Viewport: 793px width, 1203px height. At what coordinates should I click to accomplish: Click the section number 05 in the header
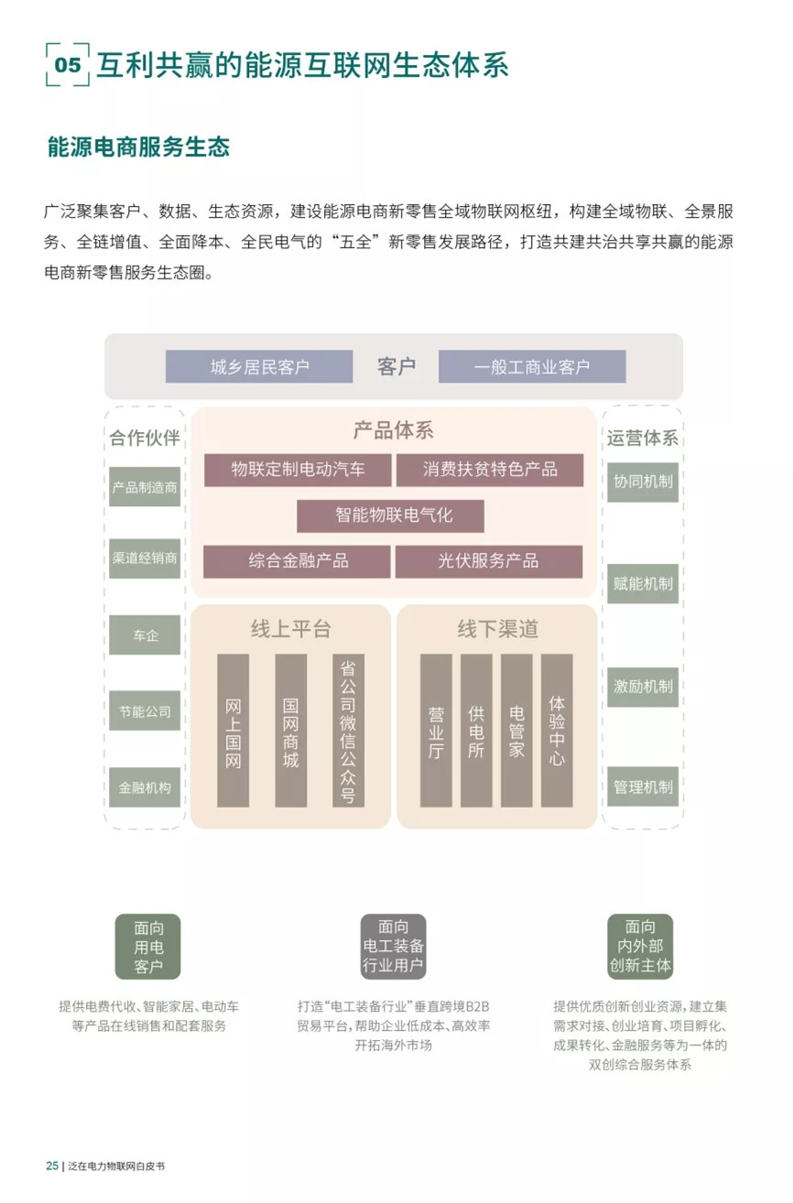[68, 65]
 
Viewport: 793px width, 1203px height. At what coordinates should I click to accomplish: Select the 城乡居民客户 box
[259, 367]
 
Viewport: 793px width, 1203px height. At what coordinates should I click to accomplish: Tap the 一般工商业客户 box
[532, 367]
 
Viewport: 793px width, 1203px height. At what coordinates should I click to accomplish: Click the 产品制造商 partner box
[145, 486]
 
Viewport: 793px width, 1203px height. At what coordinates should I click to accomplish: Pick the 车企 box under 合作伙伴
[145, 634]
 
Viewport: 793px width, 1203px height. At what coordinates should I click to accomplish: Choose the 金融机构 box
[145, 787]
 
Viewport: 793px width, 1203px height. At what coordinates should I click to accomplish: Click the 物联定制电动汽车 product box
[298, 470]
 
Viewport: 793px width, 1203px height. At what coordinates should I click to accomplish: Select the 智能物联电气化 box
[391, 516]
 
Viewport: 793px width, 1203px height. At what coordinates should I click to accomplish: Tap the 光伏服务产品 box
[489, 562]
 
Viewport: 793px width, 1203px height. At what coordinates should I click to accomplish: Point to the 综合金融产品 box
[297, 562]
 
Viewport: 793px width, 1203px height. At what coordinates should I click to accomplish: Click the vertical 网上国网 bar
[234, 731]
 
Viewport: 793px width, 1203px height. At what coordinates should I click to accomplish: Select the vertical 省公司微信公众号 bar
[348, 731]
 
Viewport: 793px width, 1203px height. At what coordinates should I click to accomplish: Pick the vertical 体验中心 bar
[557, 731]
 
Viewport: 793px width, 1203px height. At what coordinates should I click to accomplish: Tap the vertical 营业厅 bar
[436, 731]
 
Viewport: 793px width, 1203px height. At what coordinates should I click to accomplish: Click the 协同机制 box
[643, 482]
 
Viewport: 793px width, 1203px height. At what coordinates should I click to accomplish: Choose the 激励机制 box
[643, 687]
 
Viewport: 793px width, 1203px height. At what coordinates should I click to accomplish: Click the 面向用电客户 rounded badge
[147, 947]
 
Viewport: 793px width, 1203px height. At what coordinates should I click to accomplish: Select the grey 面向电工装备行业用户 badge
[393, 947]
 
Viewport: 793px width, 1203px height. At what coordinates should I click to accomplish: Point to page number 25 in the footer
[52, 1165]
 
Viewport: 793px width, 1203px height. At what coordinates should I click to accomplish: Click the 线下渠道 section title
[497, 628]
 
